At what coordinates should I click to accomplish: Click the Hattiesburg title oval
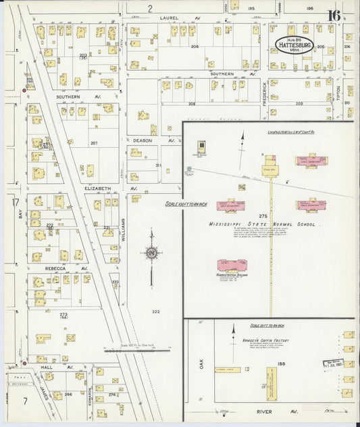click(294, 45)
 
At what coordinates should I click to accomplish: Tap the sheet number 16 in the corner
click(334, 16)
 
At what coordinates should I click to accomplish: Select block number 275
click(263, 216)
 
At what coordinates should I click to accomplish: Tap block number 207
click(94, 143)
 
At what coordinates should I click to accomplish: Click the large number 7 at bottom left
click(24, 401)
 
